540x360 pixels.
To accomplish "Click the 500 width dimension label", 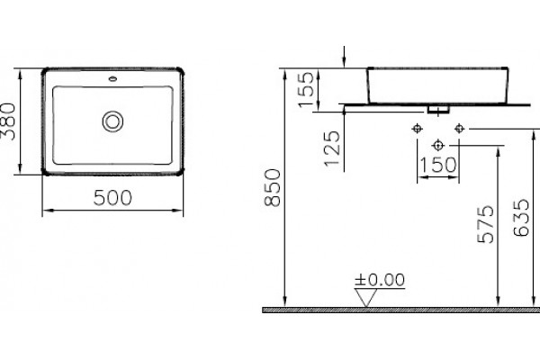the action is pyautogui.click(x=112, y=198).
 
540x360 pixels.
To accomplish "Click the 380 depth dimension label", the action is pyautogui.click(x=8, y=121).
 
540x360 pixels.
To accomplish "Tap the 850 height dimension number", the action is pyautogui.click(x=273, y=187).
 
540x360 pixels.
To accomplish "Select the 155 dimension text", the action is pyautogui.click(x=306, y=89).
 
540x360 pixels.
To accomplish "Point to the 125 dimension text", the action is pyautogui.click(x=332, y=148).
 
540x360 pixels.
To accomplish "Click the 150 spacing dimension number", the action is pyautogui.click(x=438, y=165).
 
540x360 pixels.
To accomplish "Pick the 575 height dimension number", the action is pyautogui.click(x=486, y=224).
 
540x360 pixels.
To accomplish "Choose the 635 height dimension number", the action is pyautogui.click(x=521, y=218).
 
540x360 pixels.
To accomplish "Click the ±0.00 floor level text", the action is pyautogui.click(x=380, y=280).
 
